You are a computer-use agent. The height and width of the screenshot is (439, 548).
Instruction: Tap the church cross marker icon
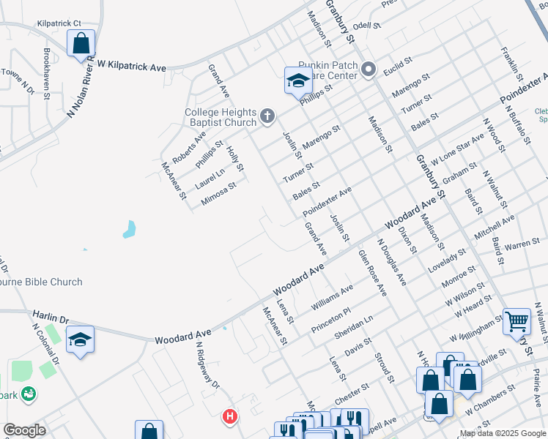(x=267, y=116)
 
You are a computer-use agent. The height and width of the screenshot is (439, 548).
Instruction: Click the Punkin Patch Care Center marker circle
(x=368, y=70)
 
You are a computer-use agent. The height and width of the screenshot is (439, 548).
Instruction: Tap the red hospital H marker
(x=230, y=417)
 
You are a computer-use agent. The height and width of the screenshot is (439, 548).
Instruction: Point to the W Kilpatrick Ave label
(x=132, y=66)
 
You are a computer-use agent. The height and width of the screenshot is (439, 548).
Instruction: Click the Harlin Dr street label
(x=50, y=317)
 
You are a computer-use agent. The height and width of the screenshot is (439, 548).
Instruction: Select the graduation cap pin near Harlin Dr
(x=81, y=340)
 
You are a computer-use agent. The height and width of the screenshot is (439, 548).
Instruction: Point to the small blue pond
(x=130, y=229)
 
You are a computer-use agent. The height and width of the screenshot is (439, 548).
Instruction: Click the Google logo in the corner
(x=24, y=430)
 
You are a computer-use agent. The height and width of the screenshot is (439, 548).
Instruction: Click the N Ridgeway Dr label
(x=207, y=365)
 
